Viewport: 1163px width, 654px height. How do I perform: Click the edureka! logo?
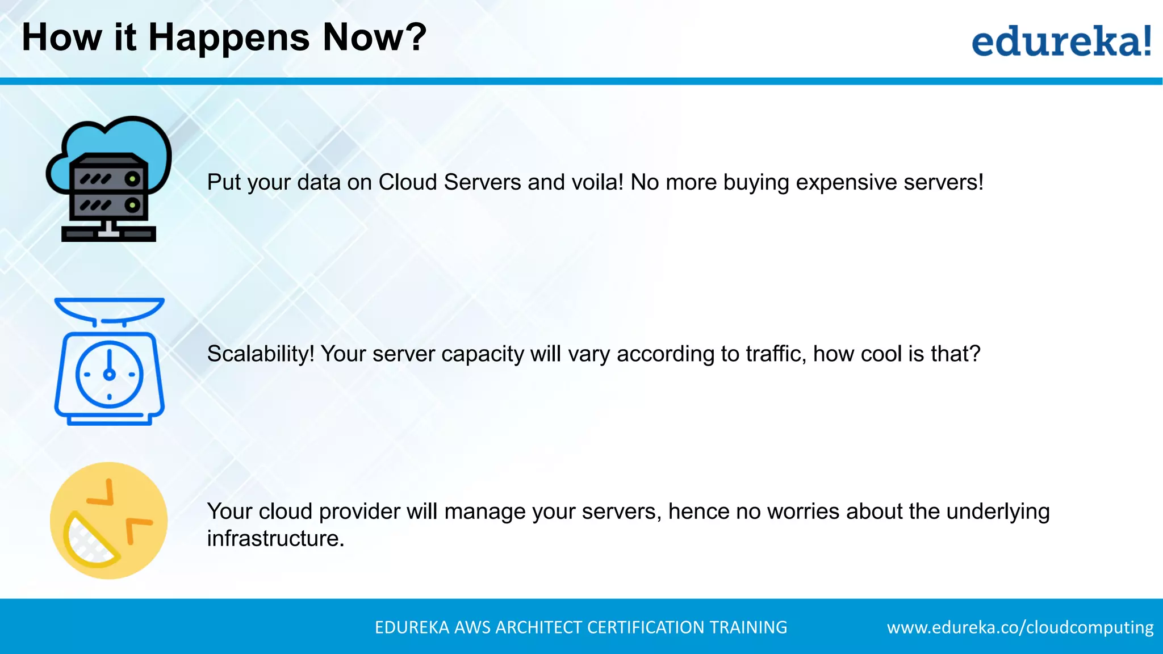[1061, 41]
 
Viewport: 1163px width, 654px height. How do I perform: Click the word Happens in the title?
[229, 38]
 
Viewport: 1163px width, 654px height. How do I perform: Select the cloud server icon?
[108, 179]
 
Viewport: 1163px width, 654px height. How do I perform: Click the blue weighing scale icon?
[110, 361]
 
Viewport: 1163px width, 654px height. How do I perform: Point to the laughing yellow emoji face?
[108, 521]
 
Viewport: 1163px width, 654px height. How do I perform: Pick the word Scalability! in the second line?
[260, 354]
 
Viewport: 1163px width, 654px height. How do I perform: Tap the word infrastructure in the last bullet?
[273, 538]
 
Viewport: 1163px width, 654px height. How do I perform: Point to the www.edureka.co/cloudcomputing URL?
[1020, 627]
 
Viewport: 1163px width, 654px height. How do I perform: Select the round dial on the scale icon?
[109, 374]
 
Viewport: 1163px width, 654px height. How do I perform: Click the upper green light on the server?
[132, 179]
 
